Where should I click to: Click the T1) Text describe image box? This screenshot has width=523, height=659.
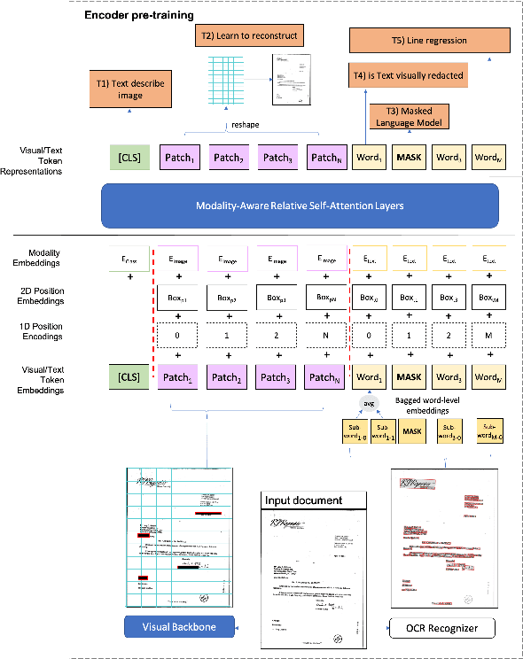[x=131, y=89]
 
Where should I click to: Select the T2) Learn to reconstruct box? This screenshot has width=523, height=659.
[x=246, y=36]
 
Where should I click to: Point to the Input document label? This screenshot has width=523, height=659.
[x=304, y=500]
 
